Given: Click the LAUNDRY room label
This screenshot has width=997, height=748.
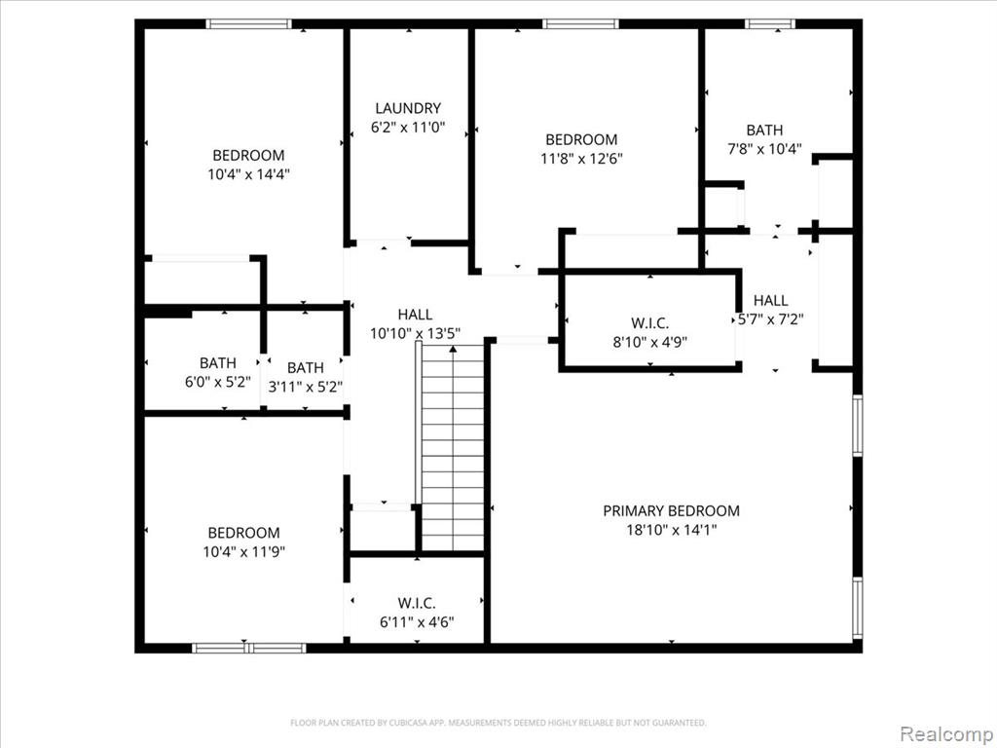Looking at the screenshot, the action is coord(408,108).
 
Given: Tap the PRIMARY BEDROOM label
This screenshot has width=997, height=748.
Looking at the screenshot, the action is coord(671,510).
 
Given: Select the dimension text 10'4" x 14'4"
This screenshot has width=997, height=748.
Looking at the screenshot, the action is coord(248,174).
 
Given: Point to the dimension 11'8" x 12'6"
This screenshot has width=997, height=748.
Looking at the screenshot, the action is coord(581,159).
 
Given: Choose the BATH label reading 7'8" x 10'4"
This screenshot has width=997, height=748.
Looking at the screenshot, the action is coord(764,131).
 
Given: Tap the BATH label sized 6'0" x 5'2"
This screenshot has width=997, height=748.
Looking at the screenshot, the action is coord(218,363).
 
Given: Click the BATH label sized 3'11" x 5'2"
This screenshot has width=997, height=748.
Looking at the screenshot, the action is coord(305,367).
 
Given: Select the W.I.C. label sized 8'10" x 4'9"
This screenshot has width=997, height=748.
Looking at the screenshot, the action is coord(649,323).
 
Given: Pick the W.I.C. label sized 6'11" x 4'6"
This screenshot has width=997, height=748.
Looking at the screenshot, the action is coord(417,603).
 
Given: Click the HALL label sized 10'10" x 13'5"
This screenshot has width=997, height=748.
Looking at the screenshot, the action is coord(415,315).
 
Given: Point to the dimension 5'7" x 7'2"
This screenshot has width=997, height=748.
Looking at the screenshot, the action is coord(771,319).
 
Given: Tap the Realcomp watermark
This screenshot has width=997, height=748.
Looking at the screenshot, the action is coord(946,733).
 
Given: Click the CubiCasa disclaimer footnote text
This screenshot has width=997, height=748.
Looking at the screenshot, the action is coord(498,723).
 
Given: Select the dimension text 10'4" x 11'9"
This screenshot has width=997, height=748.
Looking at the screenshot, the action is coord(244,551).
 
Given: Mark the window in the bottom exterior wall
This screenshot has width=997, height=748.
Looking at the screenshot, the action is coord(248,648).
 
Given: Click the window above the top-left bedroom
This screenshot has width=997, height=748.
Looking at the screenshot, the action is coord(248,24).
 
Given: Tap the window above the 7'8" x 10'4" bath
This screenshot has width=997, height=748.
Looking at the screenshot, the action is coord(770,24).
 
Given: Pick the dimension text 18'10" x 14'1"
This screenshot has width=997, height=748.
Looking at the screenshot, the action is coord(672,530).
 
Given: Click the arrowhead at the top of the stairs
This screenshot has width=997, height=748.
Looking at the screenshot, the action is coord(453,349).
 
